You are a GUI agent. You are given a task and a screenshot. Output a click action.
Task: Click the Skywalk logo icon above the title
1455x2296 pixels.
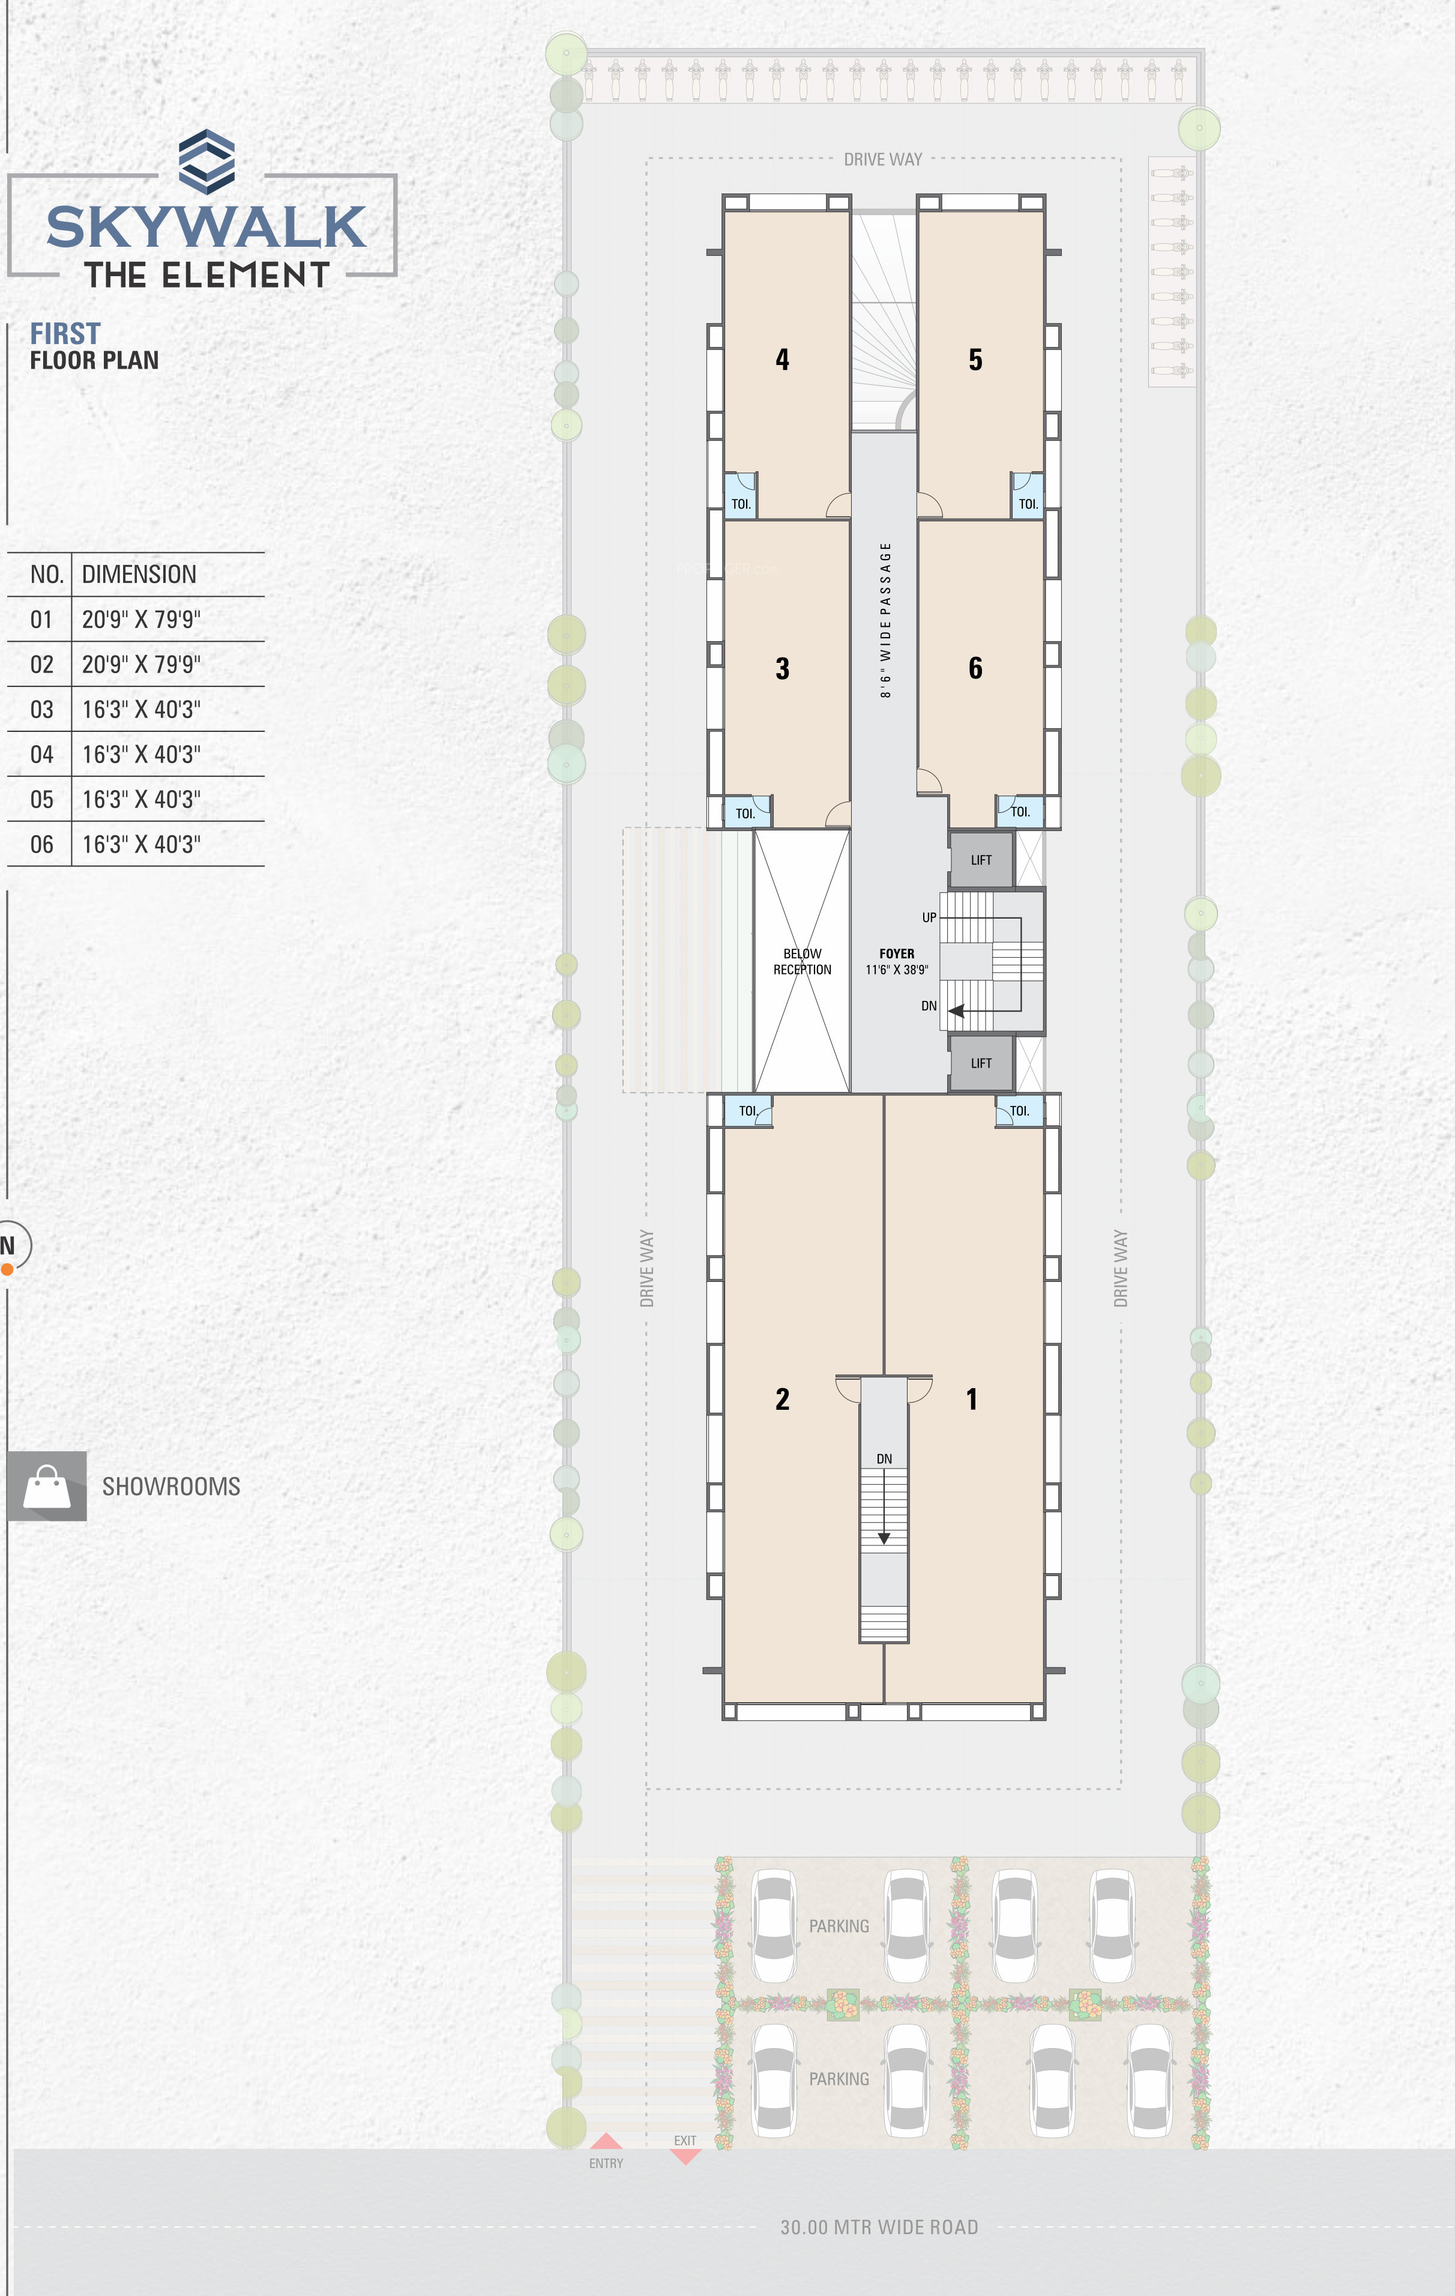(x=207, y=162)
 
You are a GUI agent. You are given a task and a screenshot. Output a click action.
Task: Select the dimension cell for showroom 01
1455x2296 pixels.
(x=141, y=620)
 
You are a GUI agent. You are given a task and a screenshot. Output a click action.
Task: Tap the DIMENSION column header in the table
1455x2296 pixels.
(x=139, y=574)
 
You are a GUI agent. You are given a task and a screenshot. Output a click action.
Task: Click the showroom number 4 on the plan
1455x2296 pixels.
(x=782, y=360)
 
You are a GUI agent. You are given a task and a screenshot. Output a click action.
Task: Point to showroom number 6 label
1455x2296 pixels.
(x=975, y=668)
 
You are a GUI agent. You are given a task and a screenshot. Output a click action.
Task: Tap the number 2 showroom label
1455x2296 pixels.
(x=782, y=1399)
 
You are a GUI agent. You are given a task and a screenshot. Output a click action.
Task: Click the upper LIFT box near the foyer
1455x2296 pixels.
(x=981, y=860)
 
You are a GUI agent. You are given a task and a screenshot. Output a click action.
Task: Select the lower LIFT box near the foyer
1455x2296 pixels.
(x=981, y=1063)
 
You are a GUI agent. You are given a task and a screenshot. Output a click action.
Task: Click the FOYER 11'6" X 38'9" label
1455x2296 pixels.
(x=896, y=961)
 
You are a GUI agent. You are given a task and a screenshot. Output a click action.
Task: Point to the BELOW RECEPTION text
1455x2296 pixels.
(x=802, y=961)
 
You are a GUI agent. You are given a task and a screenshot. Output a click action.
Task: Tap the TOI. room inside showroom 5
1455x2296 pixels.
(x=1028, y=497)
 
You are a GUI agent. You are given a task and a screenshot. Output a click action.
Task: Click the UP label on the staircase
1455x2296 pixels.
(x=929, y=917)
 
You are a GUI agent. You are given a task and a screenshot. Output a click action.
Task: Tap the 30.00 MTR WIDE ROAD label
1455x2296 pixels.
(x=879, y=2228)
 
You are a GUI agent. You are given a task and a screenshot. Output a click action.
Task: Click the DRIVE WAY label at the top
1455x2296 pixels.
(x=883, y=159)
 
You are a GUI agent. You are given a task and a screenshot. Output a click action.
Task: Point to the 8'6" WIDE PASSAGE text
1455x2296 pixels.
(x=886, y=620)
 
